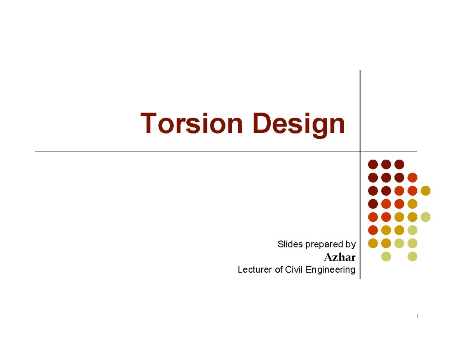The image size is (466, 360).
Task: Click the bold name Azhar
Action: pos(339,257)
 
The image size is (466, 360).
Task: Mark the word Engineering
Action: pos(330,270)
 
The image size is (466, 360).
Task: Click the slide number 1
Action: pos(417,317)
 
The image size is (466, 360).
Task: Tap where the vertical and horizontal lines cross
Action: pos(360,152)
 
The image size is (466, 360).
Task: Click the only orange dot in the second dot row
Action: pos(412,178)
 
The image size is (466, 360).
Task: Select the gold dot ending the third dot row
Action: pos(426,191)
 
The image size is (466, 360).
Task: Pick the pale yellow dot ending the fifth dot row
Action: pos(426,217)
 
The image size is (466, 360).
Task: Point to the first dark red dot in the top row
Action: pos(373,165)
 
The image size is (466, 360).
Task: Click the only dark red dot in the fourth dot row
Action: pos(373,204)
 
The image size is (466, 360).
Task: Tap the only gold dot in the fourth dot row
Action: pos(412,204)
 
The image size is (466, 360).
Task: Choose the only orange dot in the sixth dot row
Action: pos(373,230)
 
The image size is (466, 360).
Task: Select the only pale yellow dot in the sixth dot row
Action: pos(412,230)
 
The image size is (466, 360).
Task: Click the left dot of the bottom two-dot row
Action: pos(386,256)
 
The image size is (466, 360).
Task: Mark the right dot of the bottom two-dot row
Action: pos(412,256)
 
